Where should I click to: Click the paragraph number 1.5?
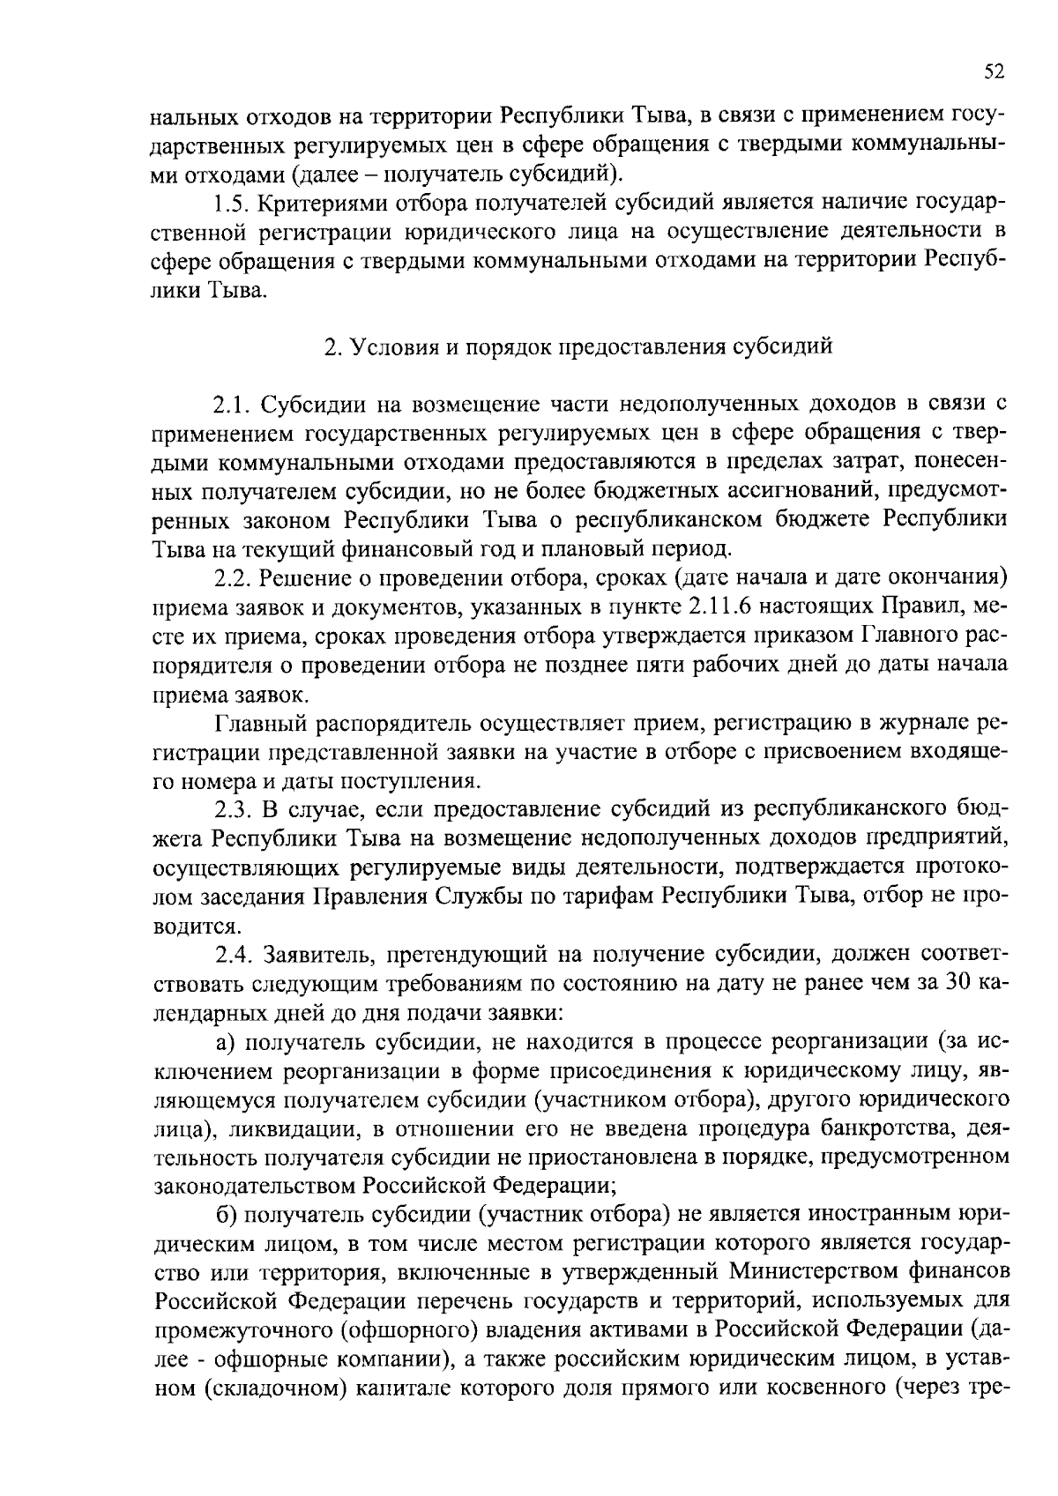coord(233,205)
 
